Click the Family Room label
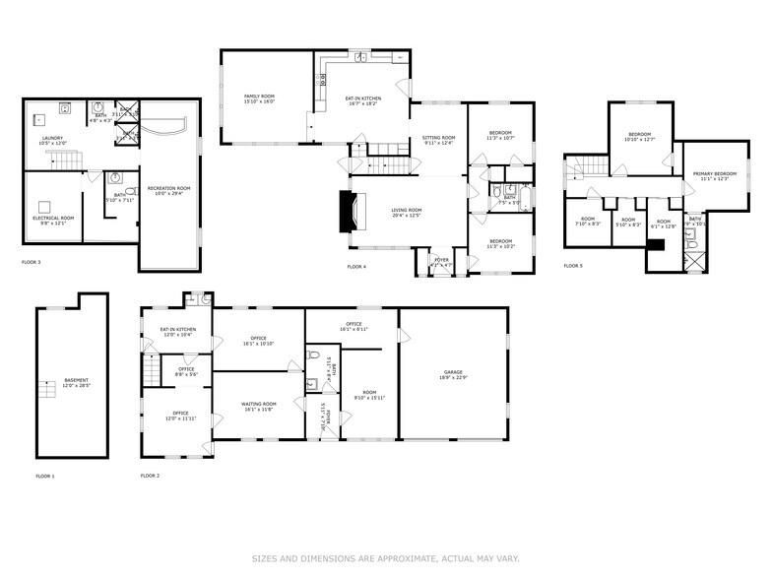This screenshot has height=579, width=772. pos(259,97)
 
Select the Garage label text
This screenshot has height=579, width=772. pos(453,374)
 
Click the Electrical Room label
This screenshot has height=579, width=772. pos(54,220)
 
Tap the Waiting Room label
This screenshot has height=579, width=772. pos(259,406)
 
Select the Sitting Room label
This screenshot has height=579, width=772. pos(438,140)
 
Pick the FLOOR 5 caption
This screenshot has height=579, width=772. pos(573,266)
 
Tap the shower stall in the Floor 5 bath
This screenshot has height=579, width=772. pos(694,261)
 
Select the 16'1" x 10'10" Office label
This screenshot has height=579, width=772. pos(259,342)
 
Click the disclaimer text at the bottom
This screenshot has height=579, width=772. pos(385,559)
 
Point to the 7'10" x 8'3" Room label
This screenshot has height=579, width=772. pos(588,222)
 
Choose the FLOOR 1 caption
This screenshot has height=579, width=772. pos(45,476)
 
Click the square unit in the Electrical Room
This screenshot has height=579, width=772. pos(44,207)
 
